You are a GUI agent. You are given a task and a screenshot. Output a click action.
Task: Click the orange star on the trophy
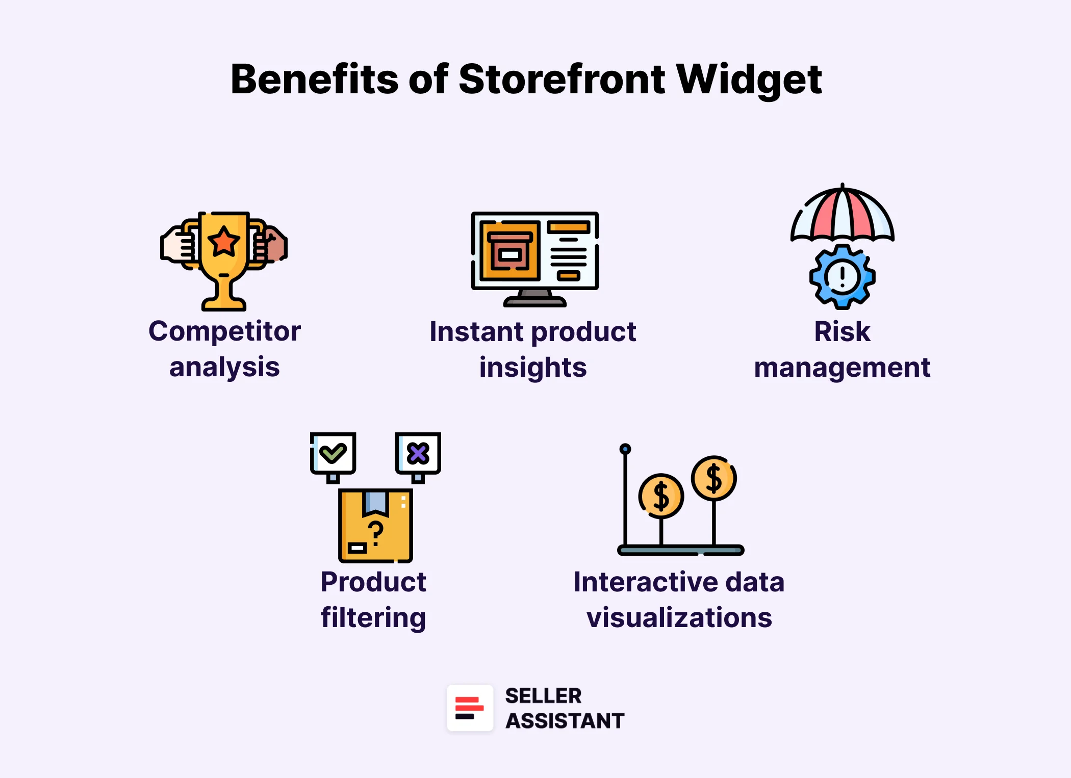point(224,241)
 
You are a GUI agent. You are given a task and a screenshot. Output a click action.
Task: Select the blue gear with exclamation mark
point(842,277)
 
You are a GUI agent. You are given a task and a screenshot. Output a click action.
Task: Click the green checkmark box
point(333,453)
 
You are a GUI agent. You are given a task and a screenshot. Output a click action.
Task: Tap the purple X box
point(418,453)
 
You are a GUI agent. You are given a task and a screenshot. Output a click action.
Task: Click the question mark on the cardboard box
point(376,533)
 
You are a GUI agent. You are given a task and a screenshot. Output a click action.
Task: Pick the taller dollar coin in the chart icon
point(713,478)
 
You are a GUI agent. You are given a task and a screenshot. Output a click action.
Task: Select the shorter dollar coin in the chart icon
point(661,496)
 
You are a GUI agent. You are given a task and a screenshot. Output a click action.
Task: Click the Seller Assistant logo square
point(470,708)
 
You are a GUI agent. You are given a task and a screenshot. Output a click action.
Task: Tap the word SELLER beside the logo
point(543,695)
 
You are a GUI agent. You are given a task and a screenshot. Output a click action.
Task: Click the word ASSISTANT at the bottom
point(565,720)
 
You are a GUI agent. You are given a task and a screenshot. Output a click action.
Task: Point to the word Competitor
point(224,331)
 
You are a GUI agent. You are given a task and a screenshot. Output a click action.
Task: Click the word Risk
point(842,331)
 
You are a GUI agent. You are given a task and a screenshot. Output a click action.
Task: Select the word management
point(842,368)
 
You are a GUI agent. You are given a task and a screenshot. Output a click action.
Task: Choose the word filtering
point(373,617)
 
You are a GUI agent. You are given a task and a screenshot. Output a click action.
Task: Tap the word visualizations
point(679,617)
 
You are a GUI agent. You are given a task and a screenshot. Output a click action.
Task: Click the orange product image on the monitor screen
point(509,251)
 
